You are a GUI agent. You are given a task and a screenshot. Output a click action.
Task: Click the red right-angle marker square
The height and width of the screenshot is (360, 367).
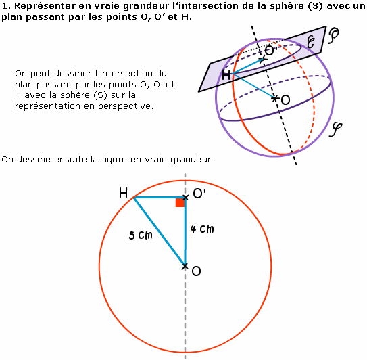[180, 203]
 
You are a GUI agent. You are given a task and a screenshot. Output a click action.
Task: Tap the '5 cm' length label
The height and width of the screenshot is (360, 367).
[141, 235]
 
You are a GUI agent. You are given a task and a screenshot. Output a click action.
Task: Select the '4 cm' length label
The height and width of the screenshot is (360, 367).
[202, 229]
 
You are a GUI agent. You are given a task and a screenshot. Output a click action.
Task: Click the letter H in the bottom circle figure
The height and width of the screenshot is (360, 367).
[124, 193]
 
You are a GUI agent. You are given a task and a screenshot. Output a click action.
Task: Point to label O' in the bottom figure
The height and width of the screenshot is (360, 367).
[199, 194]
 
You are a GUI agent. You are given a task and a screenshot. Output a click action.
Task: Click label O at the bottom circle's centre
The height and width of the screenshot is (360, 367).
[196, 271]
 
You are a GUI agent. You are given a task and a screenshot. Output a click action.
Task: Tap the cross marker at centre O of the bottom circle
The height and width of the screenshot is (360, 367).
[185, 266]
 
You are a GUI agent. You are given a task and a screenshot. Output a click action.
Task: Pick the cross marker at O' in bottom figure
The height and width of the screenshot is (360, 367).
[185, 198]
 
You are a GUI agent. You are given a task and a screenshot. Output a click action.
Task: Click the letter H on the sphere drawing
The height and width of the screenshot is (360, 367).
[226, 76]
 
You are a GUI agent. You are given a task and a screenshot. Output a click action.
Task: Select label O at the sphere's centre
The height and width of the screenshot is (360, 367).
[285, 100]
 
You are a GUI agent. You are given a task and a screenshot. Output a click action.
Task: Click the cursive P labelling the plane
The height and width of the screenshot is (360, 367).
[333, 36]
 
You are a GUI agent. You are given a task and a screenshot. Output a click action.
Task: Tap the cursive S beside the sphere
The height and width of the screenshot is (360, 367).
[336, 130]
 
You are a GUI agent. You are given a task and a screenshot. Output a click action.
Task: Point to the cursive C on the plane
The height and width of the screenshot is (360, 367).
[311, 43]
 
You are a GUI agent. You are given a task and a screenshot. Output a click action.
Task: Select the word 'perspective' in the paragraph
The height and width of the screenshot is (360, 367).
[126, 106]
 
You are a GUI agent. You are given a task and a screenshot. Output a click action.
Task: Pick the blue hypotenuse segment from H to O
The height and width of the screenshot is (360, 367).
[160, 232]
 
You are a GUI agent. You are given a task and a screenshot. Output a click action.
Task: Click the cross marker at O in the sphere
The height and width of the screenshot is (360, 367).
[275, 99]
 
